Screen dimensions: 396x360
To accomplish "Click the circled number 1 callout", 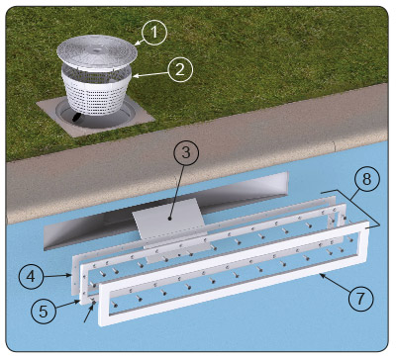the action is (154, 33).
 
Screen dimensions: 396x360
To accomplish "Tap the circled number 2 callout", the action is (180, 69).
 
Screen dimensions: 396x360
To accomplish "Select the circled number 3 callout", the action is (186, 152).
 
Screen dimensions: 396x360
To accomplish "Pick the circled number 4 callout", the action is (31, 276).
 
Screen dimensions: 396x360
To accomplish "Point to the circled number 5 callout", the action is (44, 312).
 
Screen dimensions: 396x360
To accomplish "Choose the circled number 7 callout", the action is (360, 298).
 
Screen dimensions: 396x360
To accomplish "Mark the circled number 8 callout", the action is (366, 179).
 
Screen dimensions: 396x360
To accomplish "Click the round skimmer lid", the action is (97, 53).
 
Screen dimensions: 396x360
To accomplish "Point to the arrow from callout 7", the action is (336, 283).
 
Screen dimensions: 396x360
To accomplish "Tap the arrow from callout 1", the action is (141, 41).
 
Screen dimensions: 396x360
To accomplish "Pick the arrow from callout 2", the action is (150, 75).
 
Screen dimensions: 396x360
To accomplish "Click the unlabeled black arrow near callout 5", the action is (89, 313).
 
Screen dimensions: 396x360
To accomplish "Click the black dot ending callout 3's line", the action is (169, 219).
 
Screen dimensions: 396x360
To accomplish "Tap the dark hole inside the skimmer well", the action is (77, 118).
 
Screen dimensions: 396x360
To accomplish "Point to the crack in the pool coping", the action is (334, 146).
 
